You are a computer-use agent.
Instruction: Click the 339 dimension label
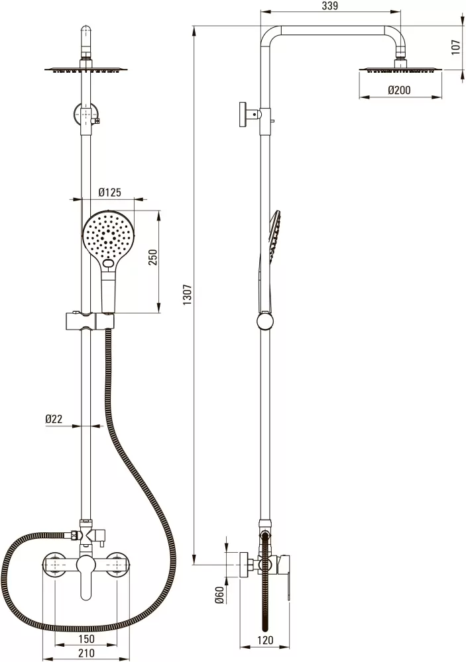tap(330, 6)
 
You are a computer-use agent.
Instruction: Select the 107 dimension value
tap(455, 47)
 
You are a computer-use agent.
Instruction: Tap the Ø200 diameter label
tap(399, 90)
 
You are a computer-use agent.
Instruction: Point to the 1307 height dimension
tap(188, 295)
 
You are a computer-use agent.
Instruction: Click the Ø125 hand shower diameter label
tap(109, 193)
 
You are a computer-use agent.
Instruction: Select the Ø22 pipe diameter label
tap(54, 419)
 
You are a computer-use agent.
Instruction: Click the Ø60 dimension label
tap(219, 595)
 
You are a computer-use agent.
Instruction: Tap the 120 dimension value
tap(265, 640)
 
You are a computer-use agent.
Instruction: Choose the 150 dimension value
tap(86, 639)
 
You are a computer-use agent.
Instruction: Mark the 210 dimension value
tap(86, 653)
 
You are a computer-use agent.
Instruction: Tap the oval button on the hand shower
tap(109, 264)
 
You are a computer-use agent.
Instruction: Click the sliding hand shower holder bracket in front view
tap(89, 320)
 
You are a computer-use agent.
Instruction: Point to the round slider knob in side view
tap(265, 320)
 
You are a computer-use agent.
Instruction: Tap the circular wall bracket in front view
tap(87, 115)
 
